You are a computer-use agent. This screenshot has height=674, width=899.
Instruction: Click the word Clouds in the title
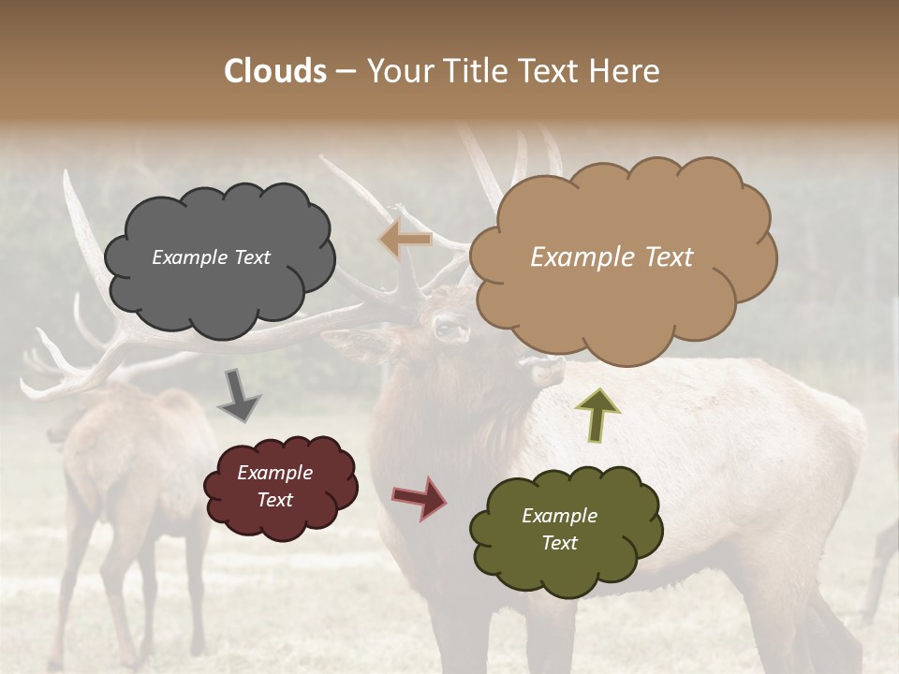coord(275,71)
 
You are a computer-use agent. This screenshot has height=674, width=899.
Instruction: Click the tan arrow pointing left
coord(405,240)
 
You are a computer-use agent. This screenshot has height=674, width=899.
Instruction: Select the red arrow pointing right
coord(420,497)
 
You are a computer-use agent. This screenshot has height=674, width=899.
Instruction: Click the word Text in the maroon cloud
coord(274,500)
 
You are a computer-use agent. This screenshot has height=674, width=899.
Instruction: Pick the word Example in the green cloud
coord(559,516)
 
